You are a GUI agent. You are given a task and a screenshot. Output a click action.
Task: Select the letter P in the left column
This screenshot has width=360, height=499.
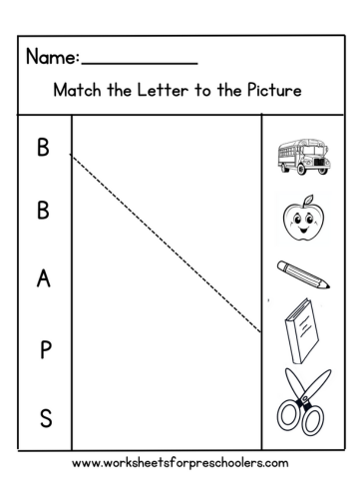click(x=44, y=350)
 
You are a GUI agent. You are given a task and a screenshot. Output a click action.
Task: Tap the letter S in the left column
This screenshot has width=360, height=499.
click(x=44, y=419)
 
